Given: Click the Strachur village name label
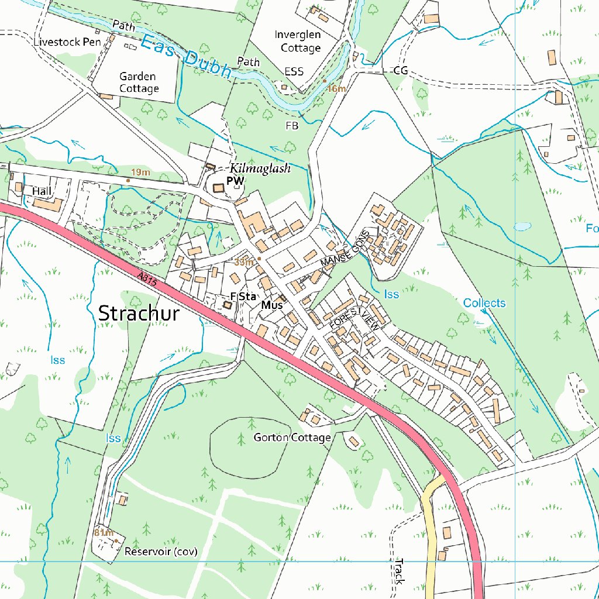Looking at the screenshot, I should point(139,313).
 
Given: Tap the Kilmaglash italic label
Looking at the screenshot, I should point(260,168).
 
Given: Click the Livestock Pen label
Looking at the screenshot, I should point(67,42).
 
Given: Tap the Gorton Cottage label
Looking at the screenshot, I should point(292,438).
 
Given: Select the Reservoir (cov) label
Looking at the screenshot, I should point(161,552).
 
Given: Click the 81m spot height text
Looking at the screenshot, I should point(103,532).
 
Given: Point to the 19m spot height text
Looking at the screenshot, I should point(140,173).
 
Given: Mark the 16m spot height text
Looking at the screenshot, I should point(336,89).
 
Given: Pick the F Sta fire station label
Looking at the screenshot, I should point(243,297).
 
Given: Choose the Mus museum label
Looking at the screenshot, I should point(272,305).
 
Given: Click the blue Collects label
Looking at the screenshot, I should point(484,303).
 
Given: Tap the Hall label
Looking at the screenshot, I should point(42,191).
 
